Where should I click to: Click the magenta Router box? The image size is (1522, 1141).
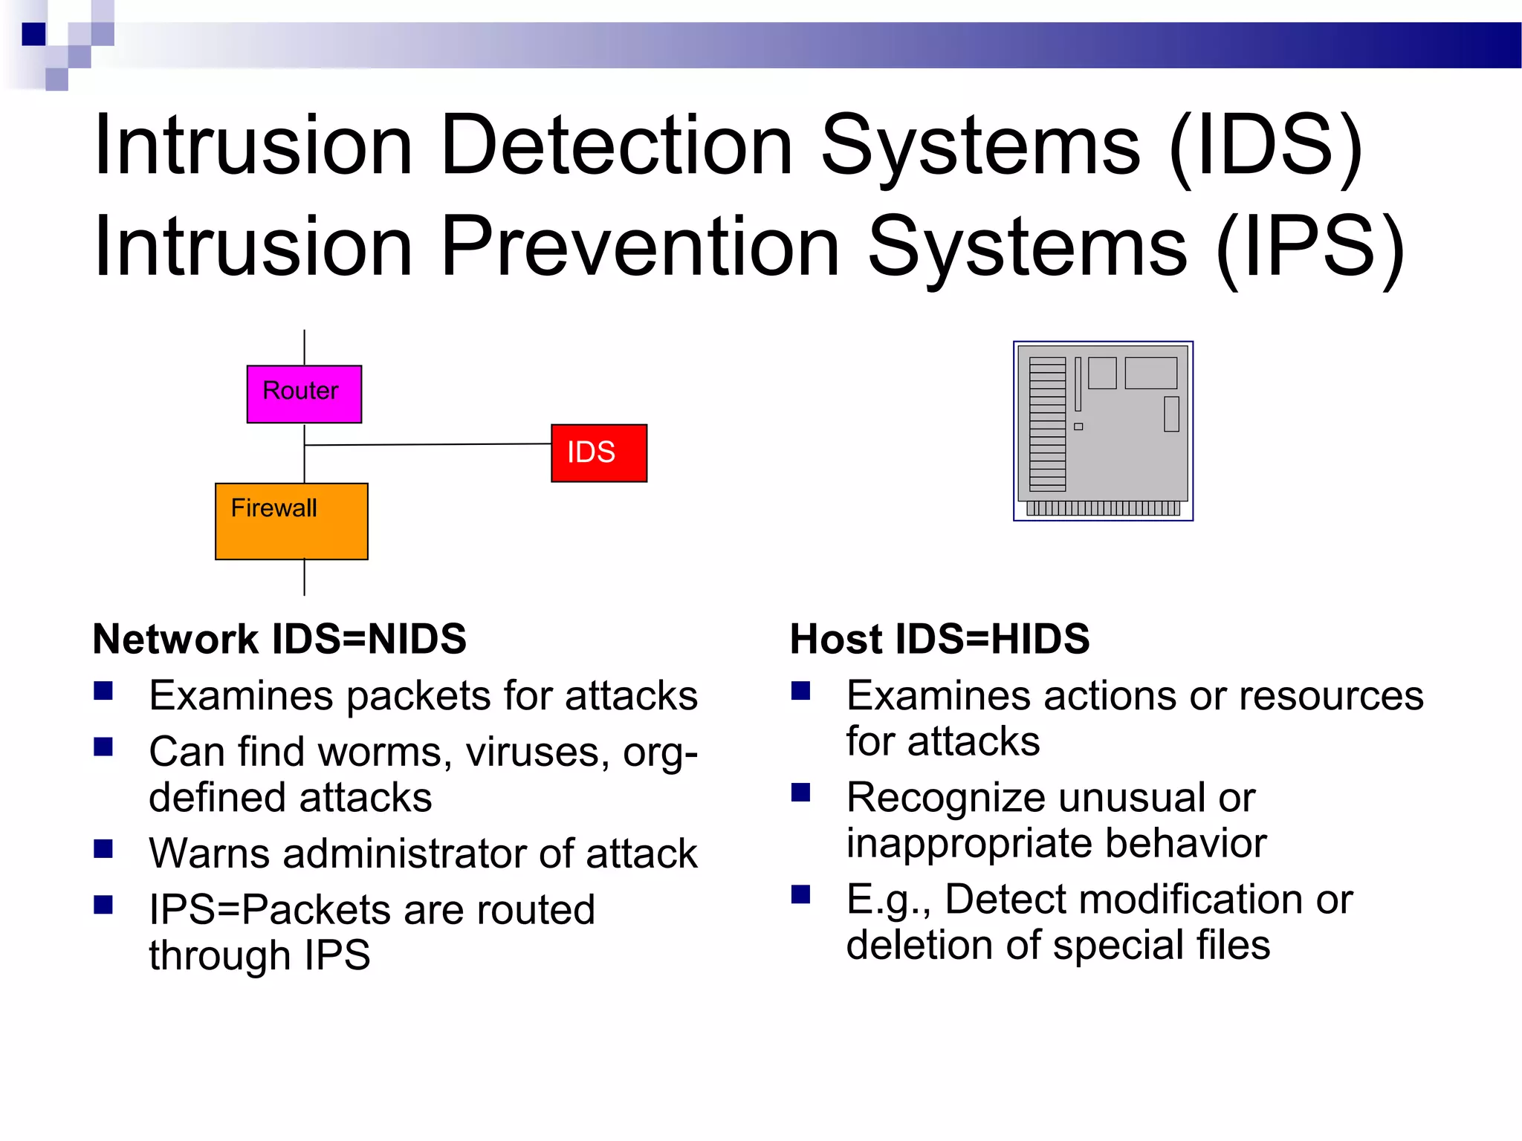click(304, 394)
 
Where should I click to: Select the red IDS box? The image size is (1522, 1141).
click(599, 453)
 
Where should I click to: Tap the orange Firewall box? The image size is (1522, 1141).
click(291, 521)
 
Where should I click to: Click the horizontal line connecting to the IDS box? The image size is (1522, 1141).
click(427, 444)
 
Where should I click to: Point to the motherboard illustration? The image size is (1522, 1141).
click(1103, 431)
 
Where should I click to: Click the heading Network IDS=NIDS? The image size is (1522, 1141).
click(279, 639)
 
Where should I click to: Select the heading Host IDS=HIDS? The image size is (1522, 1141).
click(939, 639)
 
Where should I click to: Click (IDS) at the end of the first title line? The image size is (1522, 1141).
click(1266, 146)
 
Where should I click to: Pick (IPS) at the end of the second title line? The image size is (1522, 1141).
click(1310, 247)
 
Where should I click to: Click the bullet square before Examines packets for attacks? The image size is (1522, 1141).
click(103, 692)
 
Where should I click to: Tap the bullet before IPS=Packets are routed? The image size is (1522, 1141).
click(103, 904)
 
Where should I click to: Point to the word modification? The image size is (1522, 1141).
click(1124, 900)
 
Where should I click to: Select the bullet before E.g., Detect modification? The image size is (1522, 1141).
click(800, 894)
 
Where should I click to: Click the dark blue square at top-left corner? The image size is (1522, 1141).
click(34, 34)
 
